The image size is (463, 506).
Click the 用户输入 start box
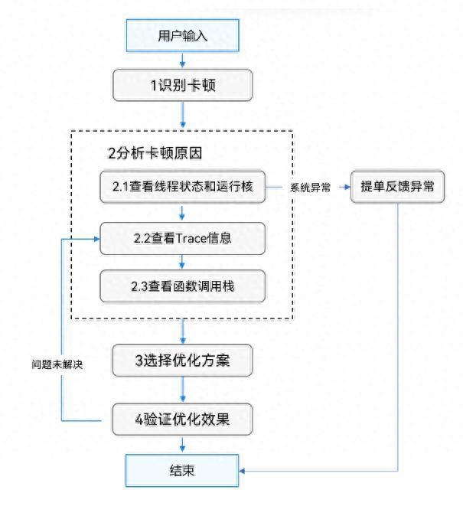coord(183,36)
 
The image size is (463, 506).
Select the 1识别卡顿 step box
coord(183,85)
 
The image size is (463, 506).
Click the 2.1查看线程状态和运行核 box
coord(183,187)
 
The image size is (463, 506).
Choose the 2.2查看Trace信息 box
coord(183,238)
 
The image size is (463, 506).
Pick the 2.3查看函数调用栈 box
coord(183,286)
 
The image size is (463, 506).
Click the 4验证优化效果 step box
coord(183,419)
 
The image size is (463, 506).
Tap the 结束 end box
coord(183,470)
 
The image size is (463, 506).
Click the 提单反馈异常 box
coord(397,187)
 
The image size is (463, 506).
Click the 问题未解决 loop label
coord(52,365)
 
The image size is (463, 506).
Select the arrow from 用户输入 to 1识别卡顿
coord(183,60)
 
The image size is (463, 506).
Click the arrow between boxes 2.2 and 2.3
coord(183,263)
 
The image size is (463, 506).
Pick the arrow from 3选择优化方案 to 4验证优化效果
coord(183,390)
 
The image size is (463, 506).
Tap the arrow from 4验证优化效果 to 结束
coord(183,445)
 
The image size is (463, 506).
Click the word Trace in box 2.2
coord(191,238)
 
